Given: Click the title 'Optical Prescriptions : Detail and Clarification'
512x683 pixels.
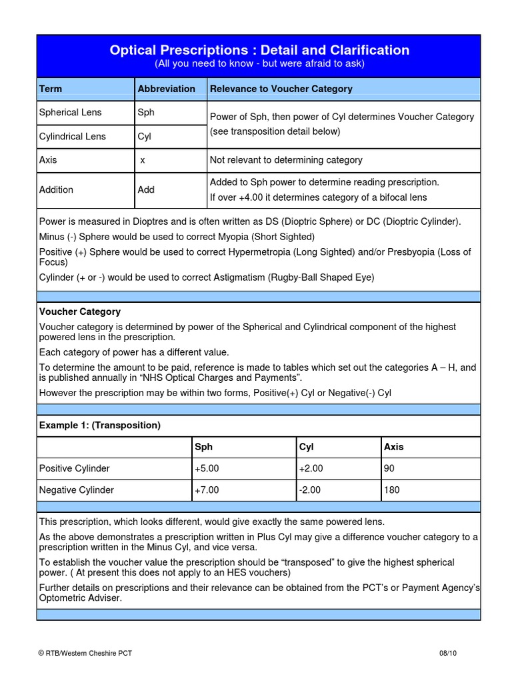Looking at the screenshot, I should pos(259,50).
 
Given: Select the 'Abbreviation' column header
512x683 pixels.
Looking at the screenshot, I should pos(166,89).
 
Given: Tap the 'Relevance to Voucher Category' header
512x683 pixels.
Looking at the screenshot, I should pos(281,89).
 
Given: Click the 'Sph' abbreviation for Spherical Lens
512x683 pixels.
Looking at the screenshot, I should pos(145,113).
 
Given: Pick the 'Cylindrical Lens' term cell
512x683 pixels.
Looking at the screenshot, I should pos(72,137).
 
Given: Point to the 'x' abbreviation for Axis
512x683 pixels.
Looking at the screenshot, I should pos(143,160).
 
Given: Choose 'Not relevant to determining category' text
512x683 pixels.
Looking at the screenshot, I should pos(286,160).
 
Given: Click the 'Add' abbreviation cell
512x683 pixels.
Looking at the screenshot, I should pos(146,189).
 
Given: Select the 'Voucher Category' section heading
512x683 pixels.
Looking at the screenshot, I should pos(80,311).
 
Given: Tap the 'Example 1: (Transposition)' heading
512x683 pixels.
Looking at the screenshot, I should pos(100,425).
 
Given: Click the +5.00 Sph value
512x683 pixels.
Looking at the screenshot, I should pos(207,469).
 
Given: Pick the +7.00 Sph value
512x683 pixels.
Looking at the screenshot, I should pos(207,490).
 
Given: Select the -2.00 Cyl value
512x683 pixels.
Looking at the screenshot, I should pos(310,490).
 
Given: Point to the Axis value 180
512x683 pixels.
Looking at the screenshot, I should pos(391,490).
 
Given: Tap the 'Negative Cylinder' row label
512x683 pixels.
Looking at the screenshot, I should pos(77,490).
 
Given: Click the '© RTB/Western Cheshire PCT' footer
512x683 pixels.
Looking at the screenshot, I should pos(85,653).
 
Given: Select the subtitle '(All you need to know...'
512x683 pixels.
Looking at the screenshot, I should pos(259,64).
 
